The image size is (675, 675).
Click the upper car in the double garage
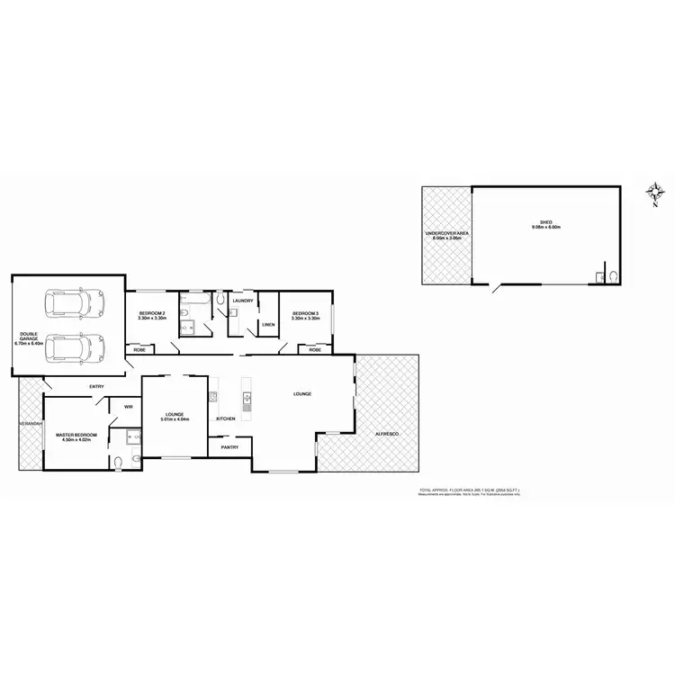tap(76, 303)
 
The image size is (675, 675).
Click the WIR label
tap(128, 407)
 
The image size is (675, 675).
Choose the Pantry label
tap(229, 445)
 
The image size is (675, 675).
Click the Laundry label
tap(243, 301)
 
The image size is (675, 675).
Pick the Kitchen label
tap(225, 418)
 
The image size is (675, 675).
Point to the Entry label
tap(96, 387)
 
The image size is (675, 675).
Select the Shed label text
tap(546, 223)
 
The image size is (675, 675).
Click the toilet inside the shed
tap(612, 276)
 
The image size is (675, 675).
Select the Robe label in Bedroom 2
tap(139, 349)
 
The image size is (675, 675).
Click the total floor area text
tap(469, 490)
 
